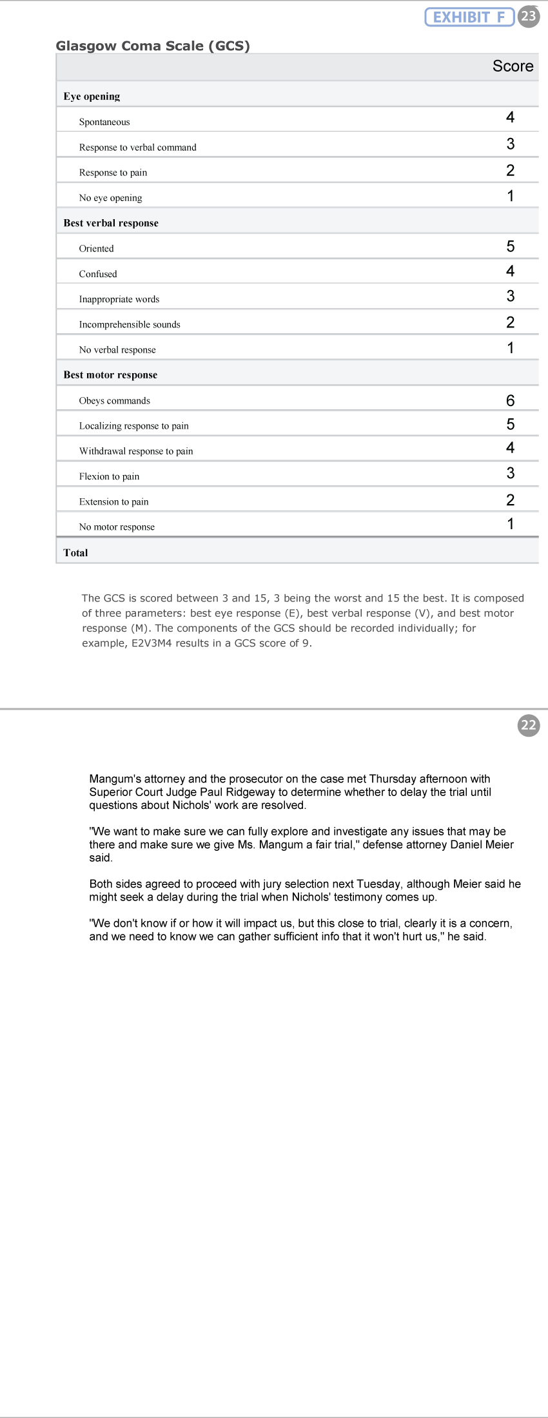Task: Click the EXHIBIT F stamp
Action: pyautogui.click(x=469, y=17)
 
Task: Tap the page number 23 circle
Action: pyautogui.click(x=529, y=16)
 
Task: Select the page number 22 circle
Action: pyautogui.click(x=529, y=725)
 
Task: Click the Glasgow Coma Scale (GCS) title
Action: pyautogui.click(x=153, y=46)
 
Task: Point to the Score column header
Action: pyautogui.click(x=513, y=66)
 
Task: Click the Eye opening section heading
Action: pyautogui.click(x=92, y=97)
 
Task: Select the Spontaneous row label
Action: pyautogui.click(x=104, y=122)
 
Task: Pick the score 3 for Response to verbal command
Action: pyautogui.click(x=510, y=144)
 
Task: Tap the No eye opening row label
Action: pyautogui.click(x=110, y=198)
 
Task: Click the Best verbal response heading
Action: pyautogui.click(x=111, y=223)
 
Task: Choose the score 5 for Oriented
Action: pyautogui.click(x=510, y=246)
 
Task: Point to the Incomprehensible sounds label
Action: pyautogui.click(x=130, y=324)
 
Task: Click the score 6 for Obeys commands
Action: pyautogui.click(x=510, y=400)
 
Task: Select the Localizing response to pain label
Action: pyautogui.click(x=133, y=425)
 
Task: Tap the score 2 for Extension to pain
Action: pyautogui.click(x=510, y=500)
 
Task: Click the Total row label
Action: pyautogui.click(x=75, y=552)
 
